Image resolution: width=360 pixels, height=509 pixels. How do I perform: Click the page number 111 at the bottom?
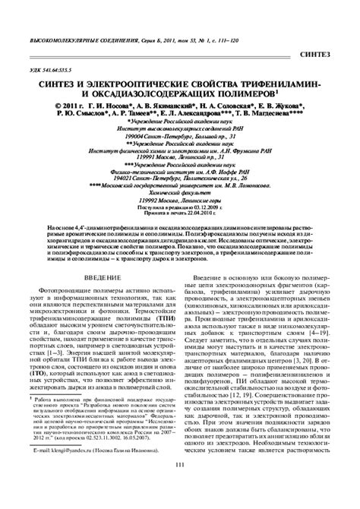(x=180, y=487)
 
